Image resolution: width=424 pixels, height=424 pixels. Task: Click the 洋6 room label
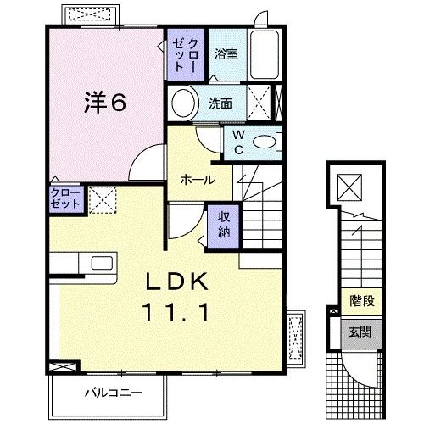tap(104, 103)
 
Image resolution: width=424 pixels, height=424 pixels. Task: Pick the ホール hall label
tap(198, 180)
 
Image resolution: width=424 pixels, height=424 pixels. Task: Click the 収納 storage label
tap(222, 223)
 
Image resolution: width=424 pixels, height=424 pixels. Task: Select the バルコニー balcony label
tap(113, 391)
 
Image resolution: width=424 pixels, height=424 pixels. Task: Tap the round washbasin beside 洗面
tap(182, 104)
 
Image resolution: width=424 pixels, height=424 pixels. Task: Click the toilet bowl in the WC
tap(265, 142)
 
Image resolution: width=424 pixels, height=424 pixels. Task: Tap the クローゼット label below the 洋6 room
tap(65, 201)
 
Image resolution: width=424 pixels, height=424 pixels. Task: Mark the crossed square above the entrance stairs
tap(349, 184)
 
